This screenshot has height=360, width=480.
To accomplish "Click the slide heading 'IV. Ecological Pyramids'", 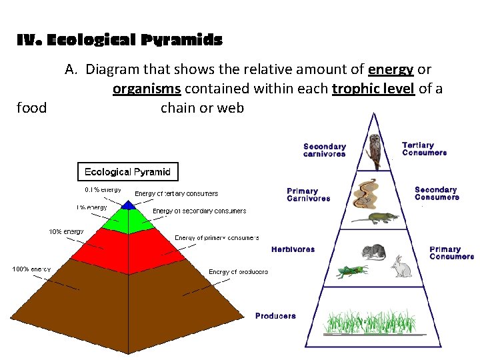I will click(x=119, y=41).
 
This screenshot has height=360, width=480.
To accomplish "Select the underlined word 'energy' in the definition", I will click(x=391, y=69).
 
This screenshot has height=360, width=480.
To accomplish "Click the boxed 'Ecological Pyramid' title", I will click(x=127, y=172).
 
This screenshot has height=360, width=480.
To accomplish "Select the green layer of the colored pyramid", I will click(x=128, y=221).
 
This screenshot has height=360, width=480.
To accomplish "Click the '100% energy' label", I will click(x=31, y=269).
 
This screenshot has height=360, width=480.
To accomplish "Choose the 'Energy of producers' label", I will click(x=238, y=272).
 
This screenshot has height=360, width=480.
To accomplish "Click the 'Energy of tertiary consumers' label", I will click(x=176, y=194).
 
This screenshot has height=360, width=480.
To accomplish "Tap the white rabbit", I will click(x=401, y=266).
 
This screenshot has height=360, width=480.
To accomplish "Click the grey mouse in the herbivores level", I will click(x=373, y=251).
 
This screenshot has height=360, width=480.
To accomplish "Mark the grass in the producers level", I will click(x=373, y=319).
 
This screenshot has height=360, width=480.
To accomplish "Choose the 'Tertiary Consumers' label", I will click(x=424, y=149).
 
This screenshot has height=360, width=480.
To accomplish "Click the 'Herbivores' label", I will click(x=293, y=249).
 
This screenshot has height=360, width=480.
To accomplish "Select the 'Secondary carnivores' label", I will click(x=325, y=150).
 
